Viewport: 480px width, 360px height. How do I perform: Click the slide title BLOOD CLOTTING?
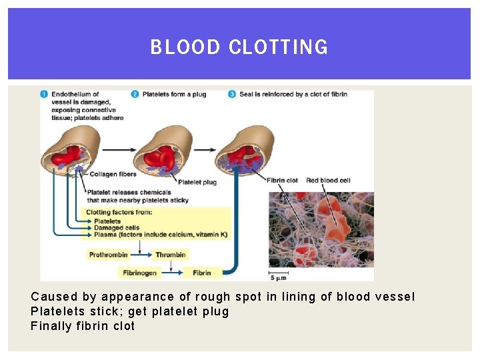[239, 47]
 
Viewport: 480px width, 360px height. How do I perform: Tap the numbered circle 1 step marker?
[44, 94]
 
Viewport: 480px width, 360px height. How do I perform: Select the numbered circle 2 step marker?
[135, 94]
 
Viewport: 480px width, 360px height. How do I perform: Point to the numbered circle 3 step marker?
[232, 94]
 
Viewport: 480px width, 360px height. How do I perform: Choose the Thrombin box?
[171, 255]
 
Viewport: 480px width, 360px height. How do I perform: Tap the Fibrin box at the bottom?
[202, 273]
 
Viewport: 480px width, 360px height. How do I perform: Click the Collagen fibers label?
[113, 175]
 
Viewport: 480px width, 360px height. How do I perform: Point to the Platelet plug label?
[197, 182]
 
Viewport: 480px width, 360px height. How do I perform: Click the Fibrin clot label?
[282, 180]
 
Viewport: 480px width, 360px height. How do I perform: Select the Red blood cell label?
[328, 180]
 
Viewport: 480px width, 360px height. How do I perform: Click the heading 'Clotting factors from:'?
[119, 213]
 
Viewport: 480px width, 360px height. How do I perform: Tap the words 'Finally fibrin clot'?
[83, 326]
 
